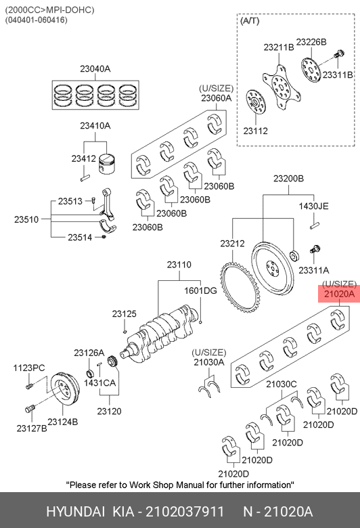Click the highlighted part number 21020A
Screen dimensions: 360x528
(x=339, y=294)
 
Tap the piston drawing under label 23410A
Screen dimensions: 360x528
(x=107, y=164)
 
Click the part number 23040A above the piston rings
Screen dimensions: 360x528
(x=95, y=68)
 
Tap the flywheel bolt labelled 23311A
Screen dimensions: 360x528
(x=315, y=250)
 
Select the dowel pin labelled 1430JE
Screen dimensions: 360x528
(x=315, y=225)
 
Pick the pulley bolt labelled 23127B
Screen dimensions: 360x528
(x=30, y=408)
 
